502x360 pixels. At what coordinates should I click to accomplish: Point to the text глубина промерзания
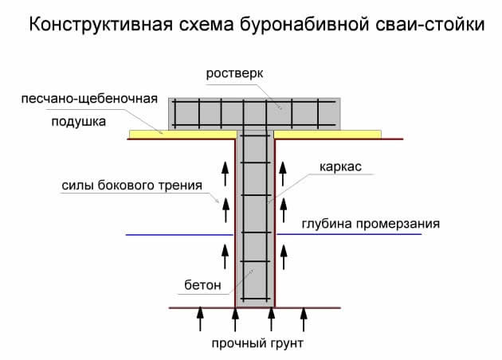click(370, 224)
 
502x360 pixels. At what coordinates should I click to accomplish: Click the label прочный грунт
click(258, 344)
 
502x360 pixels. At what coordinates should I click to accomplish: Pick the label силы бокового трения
click(131, 186)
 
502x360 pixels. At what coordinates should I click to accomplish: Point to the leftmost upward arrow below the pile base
click(200, 320)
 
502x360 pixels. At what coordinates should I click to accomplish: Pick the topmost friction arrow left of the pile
click(224, 169)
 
